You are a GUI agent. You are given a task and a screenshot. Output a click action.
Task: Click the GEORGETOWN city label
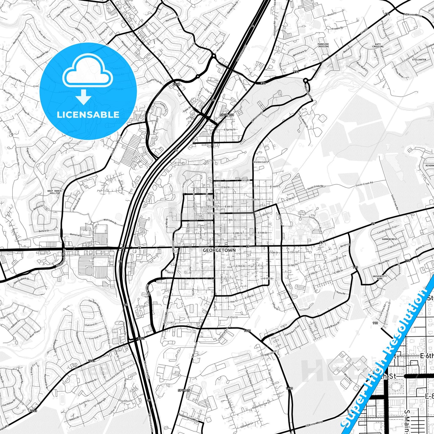[219, 250]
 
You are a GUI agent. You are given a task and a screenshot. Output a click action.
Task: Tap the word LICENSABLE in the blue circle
[88, 115]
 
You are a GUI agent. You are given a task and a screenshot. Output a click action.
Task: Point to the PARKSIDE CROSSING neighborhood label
[323, 45]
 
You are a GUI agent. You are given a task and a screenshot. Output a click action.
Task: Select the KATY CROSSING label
[378, 45]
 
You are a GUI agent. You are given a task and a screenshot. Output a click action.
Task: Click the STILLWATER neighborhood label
[419, 60]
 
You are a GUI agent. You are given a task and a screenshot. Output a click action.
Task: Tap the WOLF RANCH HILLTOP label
[54, 192]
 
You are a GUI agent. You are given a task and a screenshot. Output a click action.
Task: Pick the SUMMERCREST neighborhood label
[389, 239]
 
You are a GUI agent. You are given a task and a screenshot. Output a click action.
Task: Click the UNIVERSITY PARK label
[380, 277]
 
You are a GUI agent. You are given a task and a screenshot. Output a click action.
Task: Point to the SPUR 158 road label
[227, 115]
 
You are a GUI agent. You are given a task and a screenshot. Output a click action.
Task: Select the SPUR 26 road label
[184, 390]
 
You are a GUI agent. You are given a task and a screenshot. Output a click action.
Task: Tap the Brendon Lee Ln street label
[261, 162]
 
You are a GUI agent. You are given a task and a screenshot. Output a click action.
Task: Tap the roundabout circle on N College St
[305, 80]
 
